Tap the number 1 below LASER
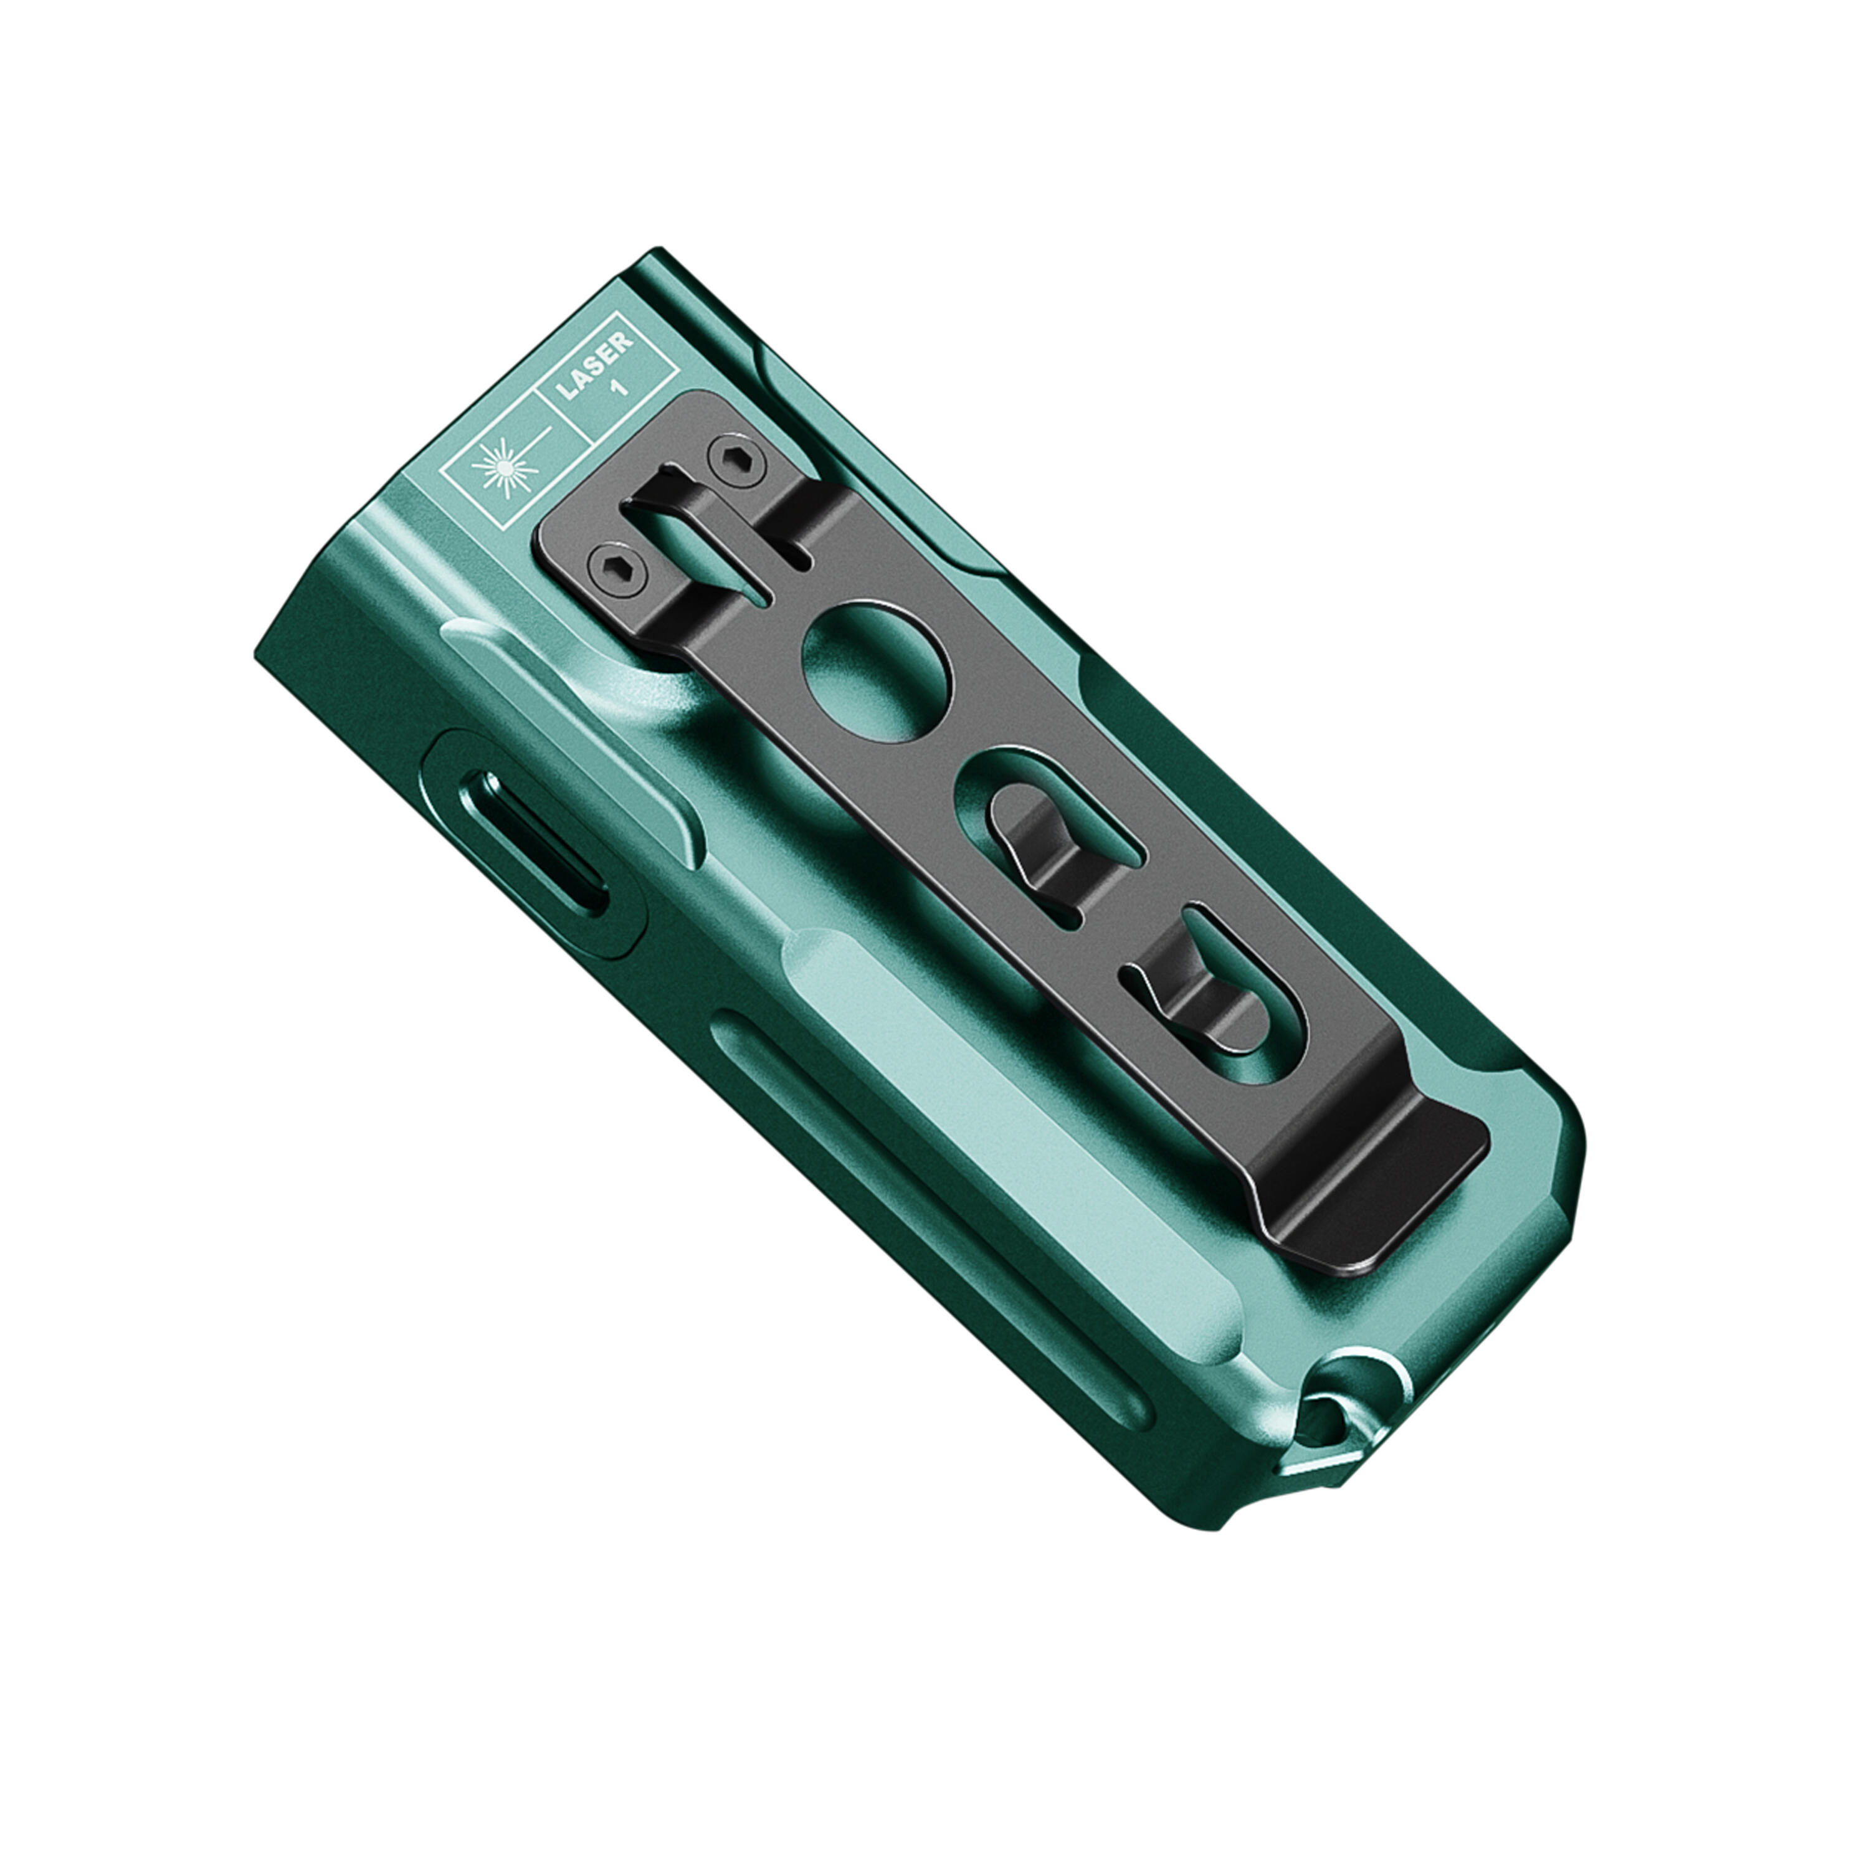coord(620,387)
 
